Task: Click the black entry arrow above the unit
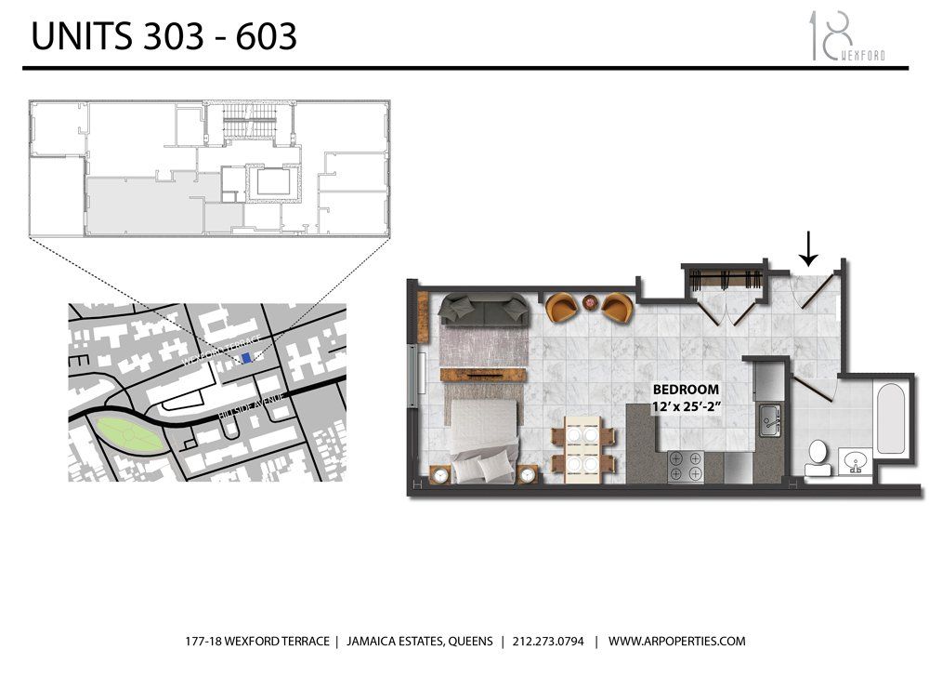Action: [809, 247]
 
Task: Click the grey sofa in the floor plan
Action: [483, 309]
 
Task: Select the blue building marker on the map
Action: [245, 358]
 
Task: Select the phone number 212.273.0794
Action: [545, 642]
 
